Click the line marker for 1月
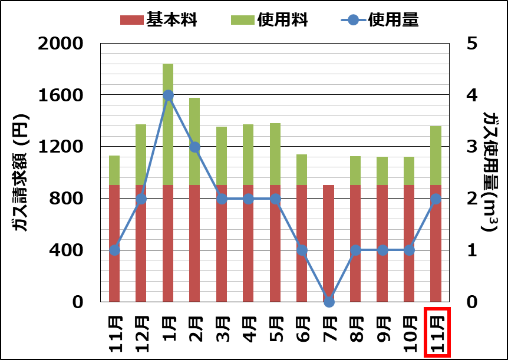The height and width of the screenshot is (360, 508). pos(168,95)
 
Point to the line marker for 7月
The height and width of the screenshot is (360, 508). pos(329,301)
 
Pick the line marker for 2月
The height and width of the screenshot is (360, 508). pos(194,147)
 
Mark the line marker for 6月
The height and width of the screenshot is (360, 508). pos(302,250)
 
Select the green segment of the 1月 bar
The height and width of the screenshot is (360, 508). pos(168,124)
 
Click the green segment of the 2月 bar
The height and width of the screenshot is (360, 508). pos(194,141)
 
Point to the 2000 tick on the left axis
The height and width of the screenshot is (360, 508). pos(62,44)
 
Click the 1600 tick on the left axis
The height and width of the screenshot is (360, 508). pos(62,95)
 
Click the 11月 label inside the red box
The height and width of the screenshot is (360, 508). pos(437,333)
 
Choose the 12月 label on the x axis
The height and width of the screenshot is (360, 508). pos(141,333)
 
